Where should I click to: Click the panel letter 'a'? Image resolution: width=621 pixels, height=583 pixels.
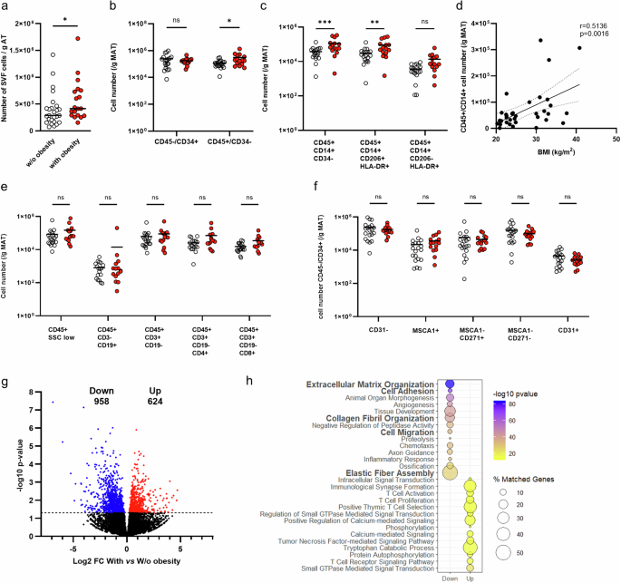[x=5, y=7]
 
